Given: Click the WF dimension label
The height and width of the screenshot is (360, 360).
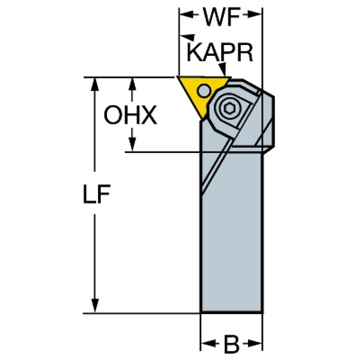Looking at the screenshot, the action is (x=221, y=16).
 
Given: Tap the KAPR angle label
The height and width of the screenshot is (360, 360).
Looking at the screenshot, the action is (x=220, y=53).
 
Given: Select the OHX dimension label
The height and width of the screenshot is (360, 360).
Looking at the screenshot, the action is (x=130, y=115).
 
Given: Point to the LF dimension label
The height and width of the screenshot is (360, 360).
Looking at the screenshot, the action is (x=97, y=194).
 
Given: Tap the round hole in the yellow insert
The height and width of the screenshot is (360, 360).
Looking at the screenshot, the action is (x=204, y=91).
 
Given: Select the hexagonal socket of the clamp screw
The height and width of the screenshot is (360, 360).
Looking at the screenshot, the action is (x=229, y=108).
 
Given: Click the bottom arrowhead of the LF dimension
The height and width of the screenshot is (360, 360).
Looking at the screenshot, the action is (x=95, y=306).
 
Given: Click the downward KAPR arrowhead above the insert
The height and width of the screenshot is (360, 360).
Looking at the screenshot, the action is (x=222, y=69).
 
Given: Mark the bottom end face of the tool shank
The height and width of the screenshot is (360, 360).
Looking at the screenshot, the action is (x=231, y=313).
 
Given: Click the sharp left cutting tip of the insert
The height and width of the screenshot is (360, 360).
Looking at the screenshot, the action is (x=177, y=77).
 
